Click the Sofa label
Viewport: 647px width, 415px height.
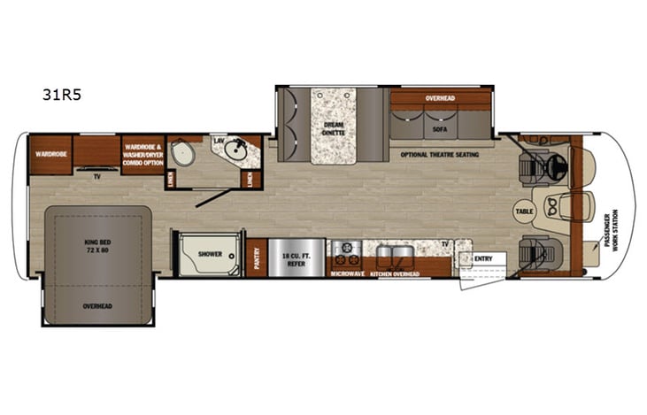click(x=440, y=127)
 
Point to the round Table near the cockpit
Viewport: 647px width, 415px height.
click(x=525, y=212)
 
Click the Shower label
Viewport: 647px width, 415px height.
click(x=210, y=254)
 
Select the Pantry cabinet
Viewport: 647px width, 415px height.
click(x=257, y=258)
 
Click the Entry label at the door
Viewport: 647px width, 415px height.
click(x=483, y=258)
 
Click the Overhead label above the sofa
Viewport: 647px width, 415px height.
click(x=440, y=98)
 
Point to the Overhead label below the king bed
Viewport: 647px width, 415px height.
click(x=97, y=306)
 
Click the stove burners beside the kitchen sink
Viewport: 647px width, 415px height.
click(x=345, y=252)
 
